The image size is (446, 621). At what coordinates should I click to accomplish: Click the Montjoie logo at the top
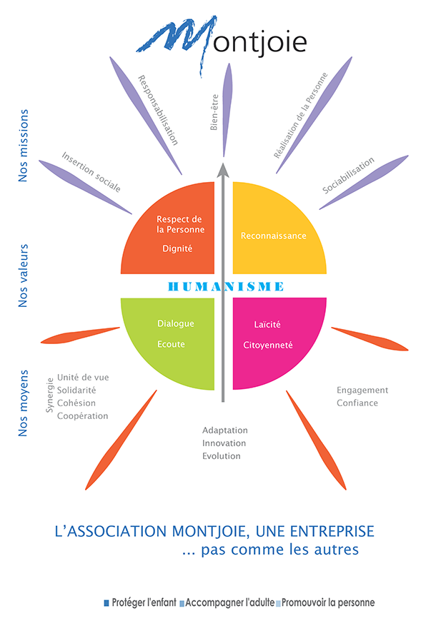(x=222, y=41)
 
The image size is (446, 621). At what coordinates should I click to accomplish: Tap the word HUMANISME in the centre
(x=226, y=286)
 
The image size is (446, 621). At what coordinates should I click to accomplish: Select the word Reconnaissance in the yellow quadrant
(x=274, y=236)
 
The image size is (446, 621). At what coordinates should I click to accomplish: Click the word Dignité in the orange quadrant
(x=177, y=248)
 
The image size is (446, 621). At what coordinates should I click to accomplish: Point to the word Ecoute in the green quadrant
(x=171, y=344)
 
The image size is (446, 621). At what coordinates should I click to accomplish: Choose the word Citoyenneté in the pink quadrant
(x=268, y=345)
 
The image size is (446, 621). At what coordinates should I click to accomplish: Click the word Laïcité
(x=267, y=324)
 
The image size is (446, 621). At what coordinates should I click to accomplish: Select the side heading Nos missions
(x=24, y=146)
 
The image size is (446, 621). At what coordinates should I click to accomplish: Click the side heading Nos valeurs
(x=24, y=276)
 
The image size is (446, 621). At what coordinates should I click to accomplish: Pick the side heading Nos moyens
(x=24, y=403)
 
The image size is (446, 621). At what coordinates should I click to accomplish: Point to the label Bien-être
(x=214, y=113)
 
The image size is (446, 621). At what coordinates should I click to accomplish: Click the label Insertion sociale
(x=91, y=172)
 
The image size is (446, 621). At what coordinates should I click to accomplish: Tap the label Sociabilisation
(x=348, y=176)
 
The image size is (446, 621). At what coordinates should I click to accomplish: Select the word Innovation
(x=224, y=443)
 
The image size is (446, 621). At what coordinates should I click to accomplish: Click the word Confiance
(x=357, y=403)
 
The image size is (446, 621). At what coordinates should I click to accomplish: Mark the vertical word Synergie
(x=49, y=395)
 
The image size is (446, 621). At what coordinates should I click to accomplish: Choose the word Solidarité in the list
(x=76, y=390)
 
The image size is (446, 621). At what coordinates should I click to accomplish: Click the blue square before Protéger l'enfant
(x=106, y=603)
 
